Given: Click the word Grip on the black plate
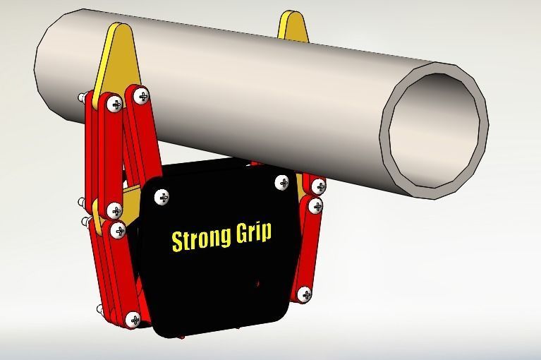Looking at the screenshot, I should coord(253,232).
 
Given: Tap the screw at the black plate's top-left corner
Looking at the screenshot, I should coord(162,197).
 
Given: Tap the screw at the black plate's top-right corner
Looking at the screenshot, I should coord(283,183).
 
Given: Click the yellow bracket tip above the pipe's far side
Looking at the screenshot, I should coord(292,25).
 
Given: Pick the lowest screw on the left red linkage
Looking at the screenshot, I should coord(133,319).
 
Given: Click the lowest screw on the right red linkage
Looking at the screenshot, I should coord(304,294).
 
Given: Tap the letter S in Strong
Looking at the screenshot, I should coord(177,240).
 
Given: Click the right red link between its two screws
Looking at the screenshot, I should coord(309,251).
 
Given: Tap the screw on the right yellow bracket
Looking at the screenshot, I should coord(318,187).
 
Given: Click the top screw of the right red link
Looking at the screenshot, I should coord(315,207).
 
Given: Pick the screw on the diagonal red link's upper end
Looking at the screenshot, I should coord(141,95).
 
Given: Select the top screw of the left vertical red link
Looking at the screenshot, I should coord(115,104).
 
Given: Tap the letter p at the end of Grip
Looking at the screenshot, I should coord(266,234).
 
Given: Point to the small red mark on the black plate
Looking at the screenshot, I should coord(257,284).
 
